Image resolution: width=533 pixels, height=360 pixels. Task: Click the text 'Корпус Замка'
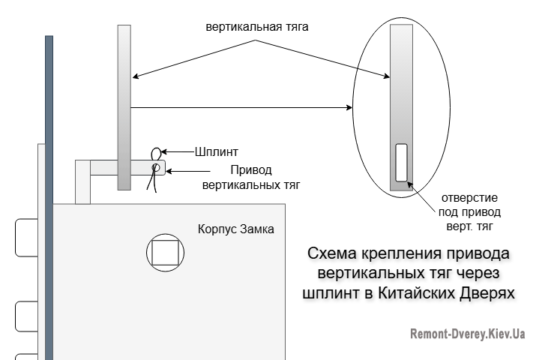coord(235,228)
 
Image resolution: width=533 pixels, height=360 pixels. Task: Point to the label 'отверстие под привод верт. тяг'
coord(468,211)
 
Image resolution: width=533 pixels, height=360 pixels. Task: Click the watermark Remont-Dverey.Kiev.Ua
coord(467,334)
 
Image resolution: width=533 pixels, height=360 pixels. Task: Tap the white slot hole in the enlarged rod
coord(401,161)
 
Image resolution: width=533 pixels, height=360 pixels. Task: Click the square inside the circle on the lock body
coord(165,252)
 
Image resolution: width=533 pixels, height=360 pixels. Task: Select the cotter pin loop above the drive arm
coord(157,151)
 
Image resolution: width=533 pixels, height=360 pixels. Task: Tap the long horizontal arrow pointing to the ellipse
coord(240,108)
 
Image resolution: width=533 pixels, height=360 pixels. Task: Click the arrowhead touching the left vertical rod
coord(136,75)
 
